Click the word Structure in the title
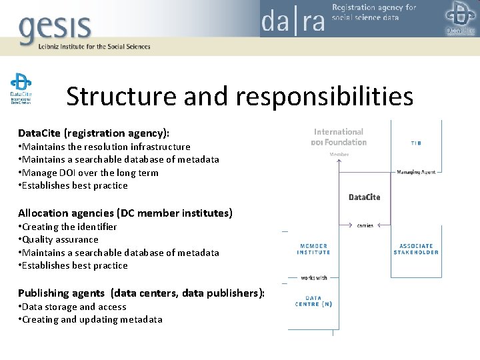point(121,97)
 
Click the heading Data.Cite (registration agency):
point(99,133)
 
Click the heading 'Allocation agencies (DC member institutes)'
point(125,213)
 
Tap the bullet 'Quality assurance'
point(60,239)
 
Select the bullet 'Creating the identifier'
point(69,227)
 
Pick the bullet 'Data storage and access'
point(73,307)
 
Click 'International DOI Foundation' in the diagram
point(339,137)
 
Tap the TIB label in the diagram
point(415,143)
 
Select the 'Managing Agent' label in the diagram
point(416,172)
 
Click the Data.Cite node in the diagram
point(365,197)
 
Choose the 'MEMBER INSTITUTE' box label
point(314,249)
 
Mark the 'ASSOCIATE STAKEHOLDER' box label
point(416,249)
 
